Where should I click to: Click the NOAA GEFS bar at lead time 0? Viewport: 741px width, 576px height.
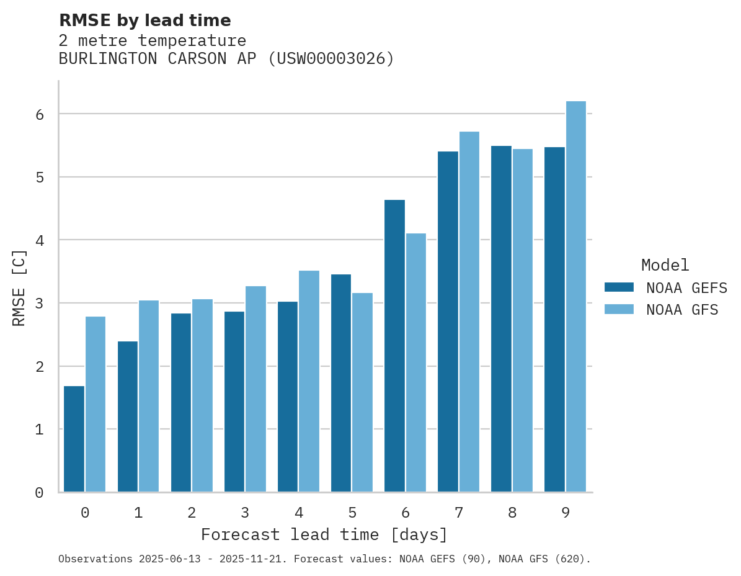pos(74,439)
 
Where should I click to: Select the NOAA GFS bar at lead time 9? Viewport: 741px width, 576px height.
pos(576,297)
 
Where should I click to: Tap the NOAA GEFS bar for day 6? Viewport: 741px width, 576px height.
pos(394,346)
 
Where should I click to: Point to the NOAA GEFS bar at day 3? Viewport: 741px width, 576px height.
pos(234,402)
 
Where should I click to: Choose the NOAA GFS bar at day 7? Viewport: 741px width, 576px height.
pos(469,312)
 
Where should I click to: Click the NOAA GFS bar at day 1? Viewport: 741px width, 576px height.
pos(149,396)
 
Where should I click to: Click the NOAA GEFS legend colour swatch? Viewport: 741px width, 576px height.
pos(619,287)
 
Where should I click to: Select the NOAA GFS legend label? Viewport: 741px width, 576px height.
pos(682,310)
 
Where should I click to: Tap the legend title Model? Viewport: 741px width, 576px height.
pos(665,266)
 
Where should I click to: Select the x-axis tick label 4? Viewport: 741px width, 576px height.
pos(299,513)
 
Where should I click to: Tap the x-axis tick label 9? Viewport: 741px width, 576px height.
pos(566,513)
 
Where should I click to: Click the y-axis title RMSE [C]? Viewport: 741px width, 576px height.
pos(19,287)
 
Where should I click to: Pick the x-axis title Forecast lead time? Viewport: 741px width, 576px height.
pos(324,535)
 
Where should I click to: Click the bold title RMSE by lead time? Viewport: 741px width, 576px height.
pos(144,20)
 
